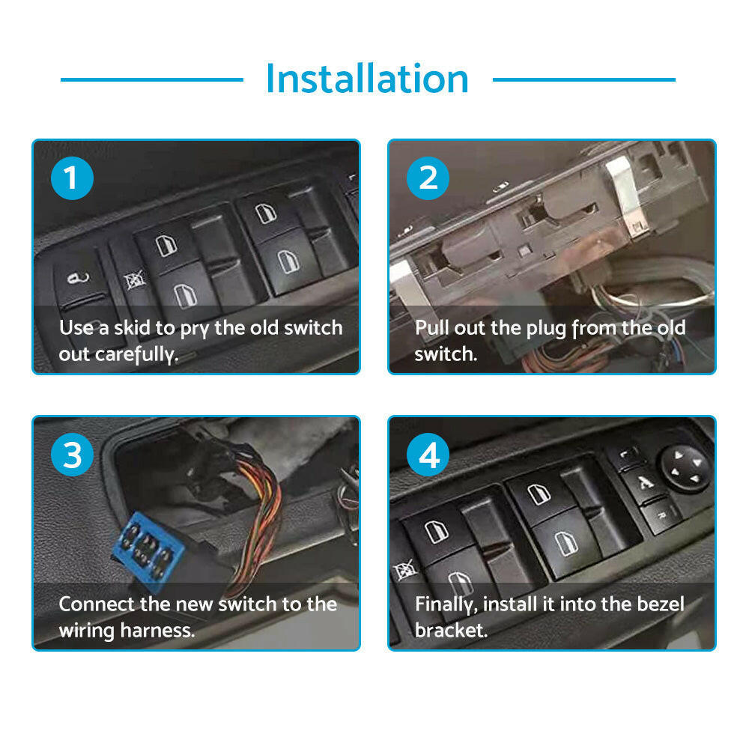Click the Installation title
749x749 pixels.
coord(367,79)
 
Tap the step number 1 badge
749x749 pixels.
coord(72,179)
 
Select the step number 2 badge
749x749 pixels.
coord(428,179)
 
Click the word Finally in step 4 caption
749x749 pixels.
coord(446,604)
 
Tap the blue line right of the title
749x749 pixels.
coord(583,79)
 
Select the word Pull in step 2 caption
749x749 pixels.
coord(432,328)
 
